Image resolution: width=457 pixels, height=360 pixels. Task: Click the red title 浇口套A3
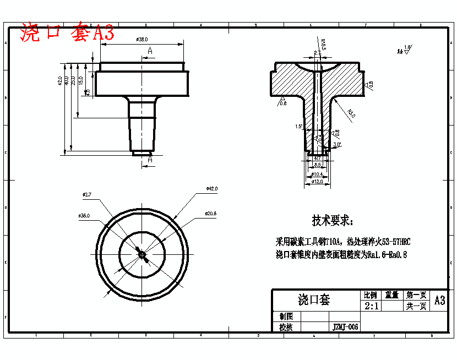pos(67,33)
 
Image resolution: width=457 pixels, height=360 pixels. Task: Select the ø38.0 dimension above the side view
pos(142,40)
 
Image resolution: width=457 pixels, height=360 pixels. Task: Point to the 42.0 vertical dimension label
pos(59,80)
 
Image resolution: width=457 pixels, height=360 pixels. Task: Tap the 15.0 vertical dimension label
pos(80,80)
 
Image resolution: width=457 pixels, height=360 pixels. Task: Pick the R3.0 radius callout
pos(351,113)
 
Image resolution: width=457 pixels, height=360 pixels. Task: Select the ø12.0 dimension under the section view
pos(317,181)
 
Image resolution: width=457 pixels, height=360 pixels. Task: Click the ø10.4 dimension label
pos(317,174)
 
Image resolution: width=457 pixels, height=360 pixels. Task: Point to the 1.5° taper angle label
pos(299,127)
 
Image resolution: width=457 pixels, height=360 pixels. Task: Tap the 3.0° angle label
pos(338,144)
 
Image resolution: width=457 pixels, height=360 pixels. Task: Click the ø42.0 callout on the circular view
pos(211,189)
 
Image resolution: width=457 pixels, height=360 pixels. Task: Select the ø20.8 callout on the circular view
pos(210,213)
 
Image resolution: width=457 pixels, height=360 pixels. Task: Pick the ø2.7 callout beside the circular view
pos(86,195)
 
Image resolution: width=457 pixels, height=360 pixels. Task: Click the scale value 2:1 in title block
pos(371,306)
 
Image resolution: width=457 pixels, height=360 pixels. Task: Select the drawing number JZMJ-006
pos(345,327)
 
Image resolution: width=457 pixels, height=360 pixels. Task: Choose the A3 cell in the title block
pos(439,301)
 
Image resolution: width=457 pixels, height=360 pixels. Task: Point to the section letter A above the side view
pos(150,51)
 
